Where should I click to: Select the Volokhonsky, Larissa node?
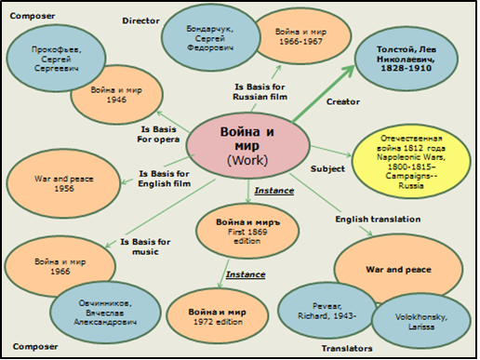pos(416,322)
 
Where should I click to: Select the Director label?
pos(140,20)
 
